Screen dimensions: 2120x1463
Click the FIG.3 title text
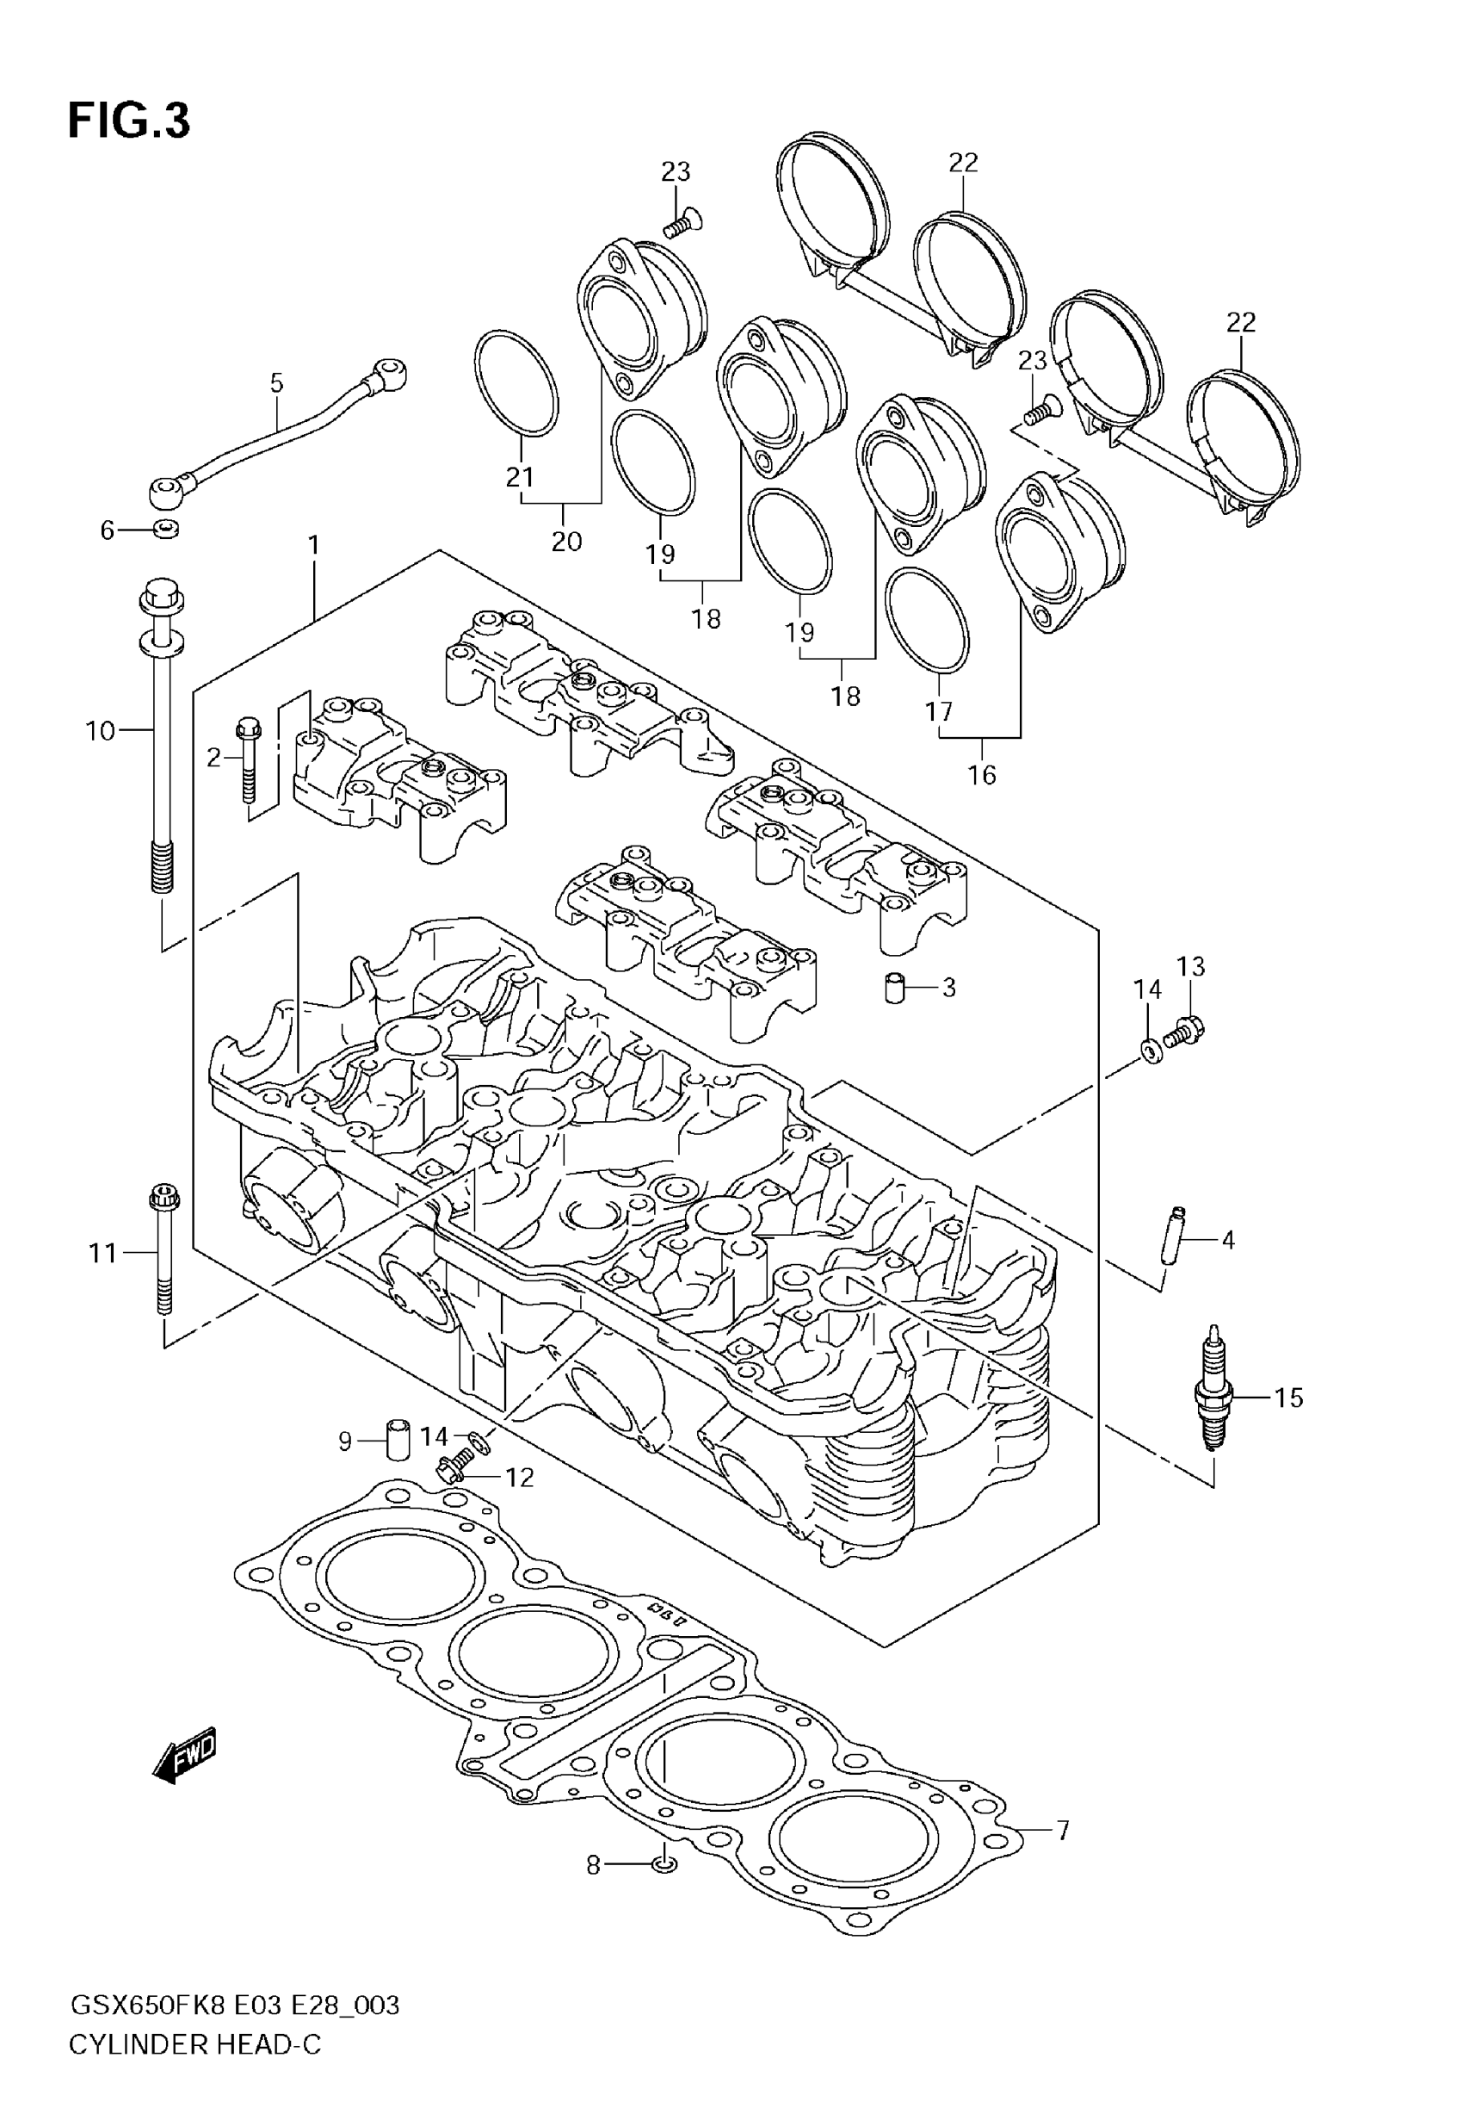click(x=129, y=121)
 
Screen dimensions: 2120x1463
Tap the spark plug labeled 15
click(x=1214, y=1397)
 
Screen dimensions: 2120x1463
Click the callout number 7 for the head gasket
click(x=1063, y=1832)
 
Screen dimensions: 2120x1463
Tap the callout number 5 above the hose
click(x=277, y=383)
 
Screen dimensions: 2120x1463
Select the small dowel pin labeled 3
click(x=895, y=989)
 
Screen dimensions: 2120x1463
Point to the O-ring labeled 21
click(x=517, y=382)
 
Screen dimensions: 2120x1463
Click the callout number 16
click(x=981, y=775)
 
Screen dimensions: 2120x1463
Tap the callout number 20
click(x=566, y=541)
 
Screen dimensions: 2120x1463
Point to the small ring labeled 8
click(x=667, y=1863)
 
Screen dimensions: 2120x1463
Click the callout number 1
click(x=313, y=546)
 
